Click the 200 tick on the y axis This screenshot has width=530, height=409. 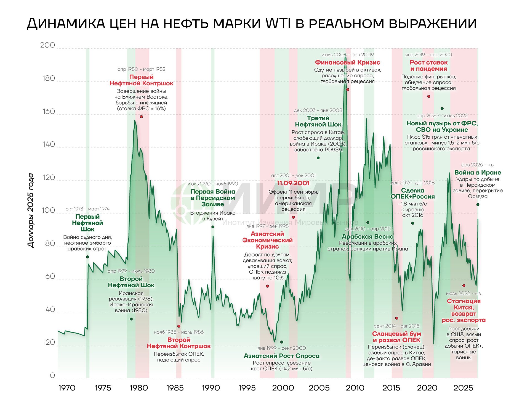(x=47, y=45)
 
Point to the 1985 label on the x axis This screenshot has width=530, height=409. (x=175, y=388)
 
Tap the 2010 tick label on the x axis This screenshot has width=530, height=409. (x=355, y=388)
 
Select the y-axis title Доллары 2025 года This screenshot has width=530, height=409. (x=31, y=210)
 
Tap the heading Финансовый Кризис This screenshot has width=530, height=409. (x=347, y=62)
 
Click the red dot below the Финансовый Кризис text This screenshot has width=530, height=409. (x=348, y=89)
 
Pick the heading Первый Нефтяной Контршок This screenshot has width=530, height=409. (x=141, y=80)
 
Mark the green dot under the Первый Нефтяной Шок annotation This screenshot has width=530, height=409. (x=87, y=257)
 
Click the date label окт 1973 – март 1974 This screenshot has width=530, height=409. (x=87, y=209)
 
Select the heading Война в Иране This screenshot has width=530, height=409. (x=478, y=173)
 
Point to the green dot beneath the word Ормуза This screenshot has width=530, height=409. (x=478, y=205)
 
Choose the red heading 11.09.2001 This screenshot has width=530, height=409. (x=293, y=183)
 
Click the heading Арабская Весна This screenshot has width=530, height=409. (x=368, y=237)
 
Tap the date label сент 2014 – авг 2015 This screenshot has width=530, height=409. (x=396, y=326)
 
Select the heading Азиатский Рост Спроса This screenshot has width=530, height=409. (x=281, y=356)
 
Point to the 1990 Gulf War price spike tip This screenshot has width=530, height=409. (x=213, y=236)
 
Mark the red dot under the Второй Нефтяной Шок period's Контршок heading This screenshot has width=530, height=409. (x=179, y=326)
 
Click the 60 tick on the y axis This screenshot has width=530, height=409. (x=50, y=276)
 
